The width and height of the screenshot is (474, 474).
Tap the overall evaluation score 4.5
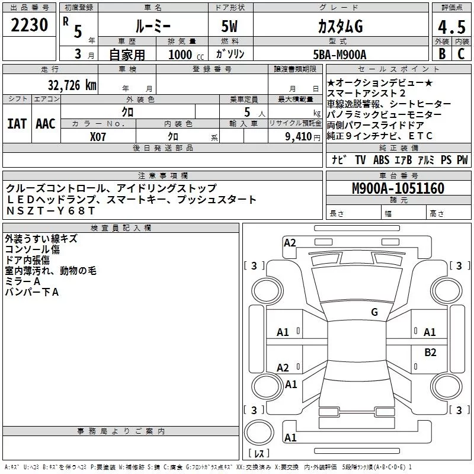450,27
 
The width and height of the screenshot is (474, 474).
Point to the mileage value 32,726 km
72,85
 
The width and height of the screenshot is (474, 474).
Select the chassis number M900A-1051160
398,188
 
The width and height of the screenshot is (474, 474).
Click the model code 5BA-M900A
340,54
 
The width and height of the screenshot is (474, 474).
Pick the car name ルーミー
153,27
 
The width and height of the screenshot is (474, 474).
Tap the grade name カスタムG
340,27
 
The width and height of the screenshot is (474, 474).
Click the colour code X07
98,136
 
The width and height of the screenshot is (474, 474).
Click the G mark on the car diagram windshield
374,312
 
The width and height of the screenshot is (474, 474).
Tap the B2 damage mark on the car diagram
430,353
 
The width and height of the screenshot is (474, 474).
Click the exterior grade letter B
441,54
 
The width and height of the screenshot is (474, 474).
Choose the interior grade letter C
460,54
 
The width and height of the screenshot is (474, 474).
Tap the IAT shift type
17,124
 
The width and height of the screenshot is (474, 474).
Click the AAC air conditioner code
46,124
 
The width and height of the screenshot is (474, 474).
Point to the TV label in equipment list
360,160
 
